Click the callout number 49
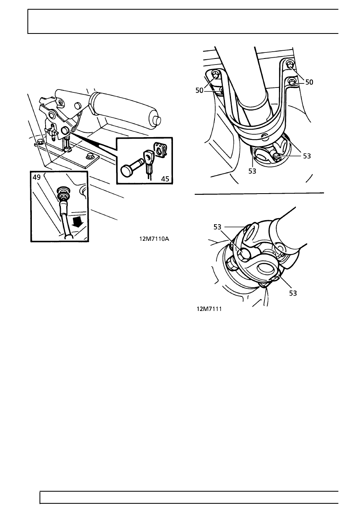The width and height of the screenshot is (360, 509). (37, 177)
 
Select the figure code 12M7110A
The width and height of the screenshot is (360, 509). (154, 239)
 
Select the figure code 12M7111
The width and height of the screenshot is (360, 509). (209, 309)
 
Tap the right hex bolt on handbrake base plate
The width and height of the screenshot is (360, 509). (89, 157)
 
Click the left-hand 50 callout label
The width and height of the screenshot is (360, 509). (199, 90)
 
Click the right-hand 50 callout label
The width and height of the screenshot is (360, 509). (309, 82)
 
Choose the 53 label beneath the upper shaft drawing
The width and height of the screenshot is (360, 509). (252, 171)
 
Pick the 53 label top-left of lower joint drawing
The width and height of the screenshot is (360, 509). (217, 227)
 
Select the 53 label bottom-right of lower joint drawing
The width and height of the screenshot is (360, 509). (293, 293)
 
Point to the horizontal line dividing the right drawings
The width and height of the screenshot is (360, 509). (259, 194)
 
